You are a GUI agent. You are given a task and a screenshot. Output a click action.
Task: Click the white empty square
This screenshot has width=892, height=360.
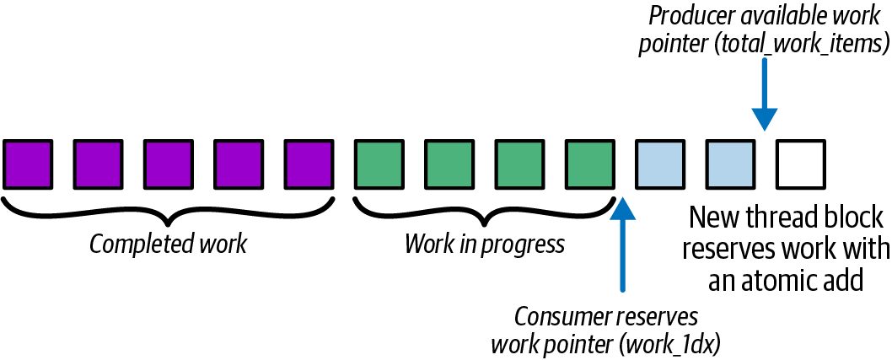[801, 164]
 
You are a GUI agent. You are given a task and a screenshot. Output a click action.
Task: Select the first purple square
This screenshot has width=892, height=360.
[27, 164]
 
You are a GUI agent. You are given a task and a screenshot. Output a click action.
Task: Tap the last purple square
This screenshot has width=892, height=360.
[309, 164]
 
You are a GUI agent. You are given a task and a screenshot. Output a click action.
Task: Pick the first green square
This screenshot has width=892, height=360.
[379, 164]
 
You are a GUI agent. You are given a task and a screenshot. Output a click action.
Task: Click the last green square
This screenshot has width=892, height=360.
[590, 164]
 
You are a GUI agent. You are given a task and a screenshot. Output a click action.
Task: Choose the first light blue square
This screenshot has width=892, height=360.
[660, 164]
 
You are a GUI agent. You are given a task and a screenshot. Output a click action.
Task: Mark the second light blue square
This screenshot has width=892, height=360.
[731, 164]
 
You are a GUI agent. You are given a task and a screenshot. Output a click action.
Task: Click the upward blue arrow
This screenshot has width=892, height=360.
[624, 244]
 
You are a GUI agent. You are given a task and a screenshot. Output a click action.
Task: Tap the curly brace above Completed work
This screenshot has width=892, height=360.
[168, 212]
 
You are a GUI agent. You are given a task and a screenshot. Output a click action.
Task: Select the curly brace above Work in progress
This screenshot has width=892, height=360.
[485, 212]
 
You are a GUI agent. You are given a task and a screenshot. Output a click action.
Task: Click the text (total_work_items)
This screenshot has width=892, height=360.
[808, 46]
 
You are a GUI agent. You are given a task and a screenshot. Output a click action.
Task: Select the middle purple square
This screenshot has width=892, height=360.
[168, 164]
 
